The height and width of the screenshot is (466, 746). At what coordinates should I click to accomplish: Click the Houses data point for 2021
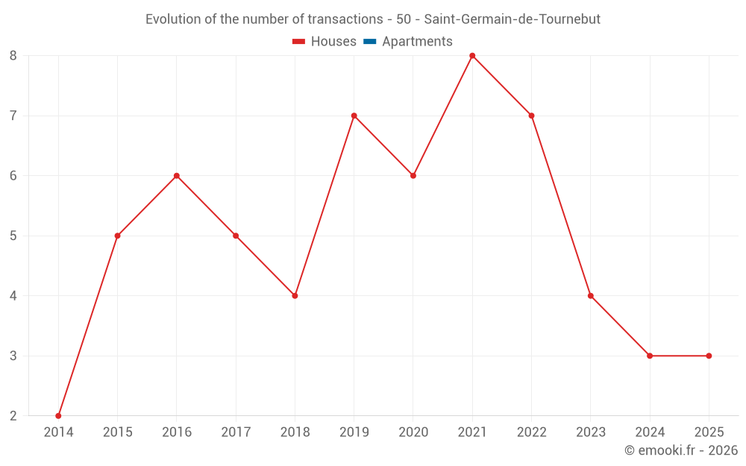[472, 56]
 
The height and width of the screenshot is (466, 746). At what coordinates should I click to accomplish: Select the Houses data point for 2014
[58, 415]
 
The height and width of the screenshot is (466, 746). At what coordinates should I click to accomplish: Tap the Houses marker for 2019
[354, 116]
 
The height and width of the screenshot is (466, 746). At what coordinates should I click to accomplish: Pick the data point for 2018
[295, 295]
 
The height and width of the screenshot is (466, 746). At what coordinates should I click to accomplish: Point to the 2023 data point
[591, 295]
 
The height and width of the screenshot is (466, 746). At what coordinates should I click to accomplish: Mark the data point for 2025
[709, 356]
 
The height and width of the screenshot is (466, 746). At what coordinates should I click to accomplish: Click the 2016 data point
[177, 176]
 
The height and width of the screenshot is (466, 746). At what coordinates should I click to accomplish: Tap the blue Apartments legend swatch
[369, 42]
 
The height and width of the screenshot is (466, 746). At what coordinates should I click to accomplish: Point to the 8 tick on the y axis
[13, 56]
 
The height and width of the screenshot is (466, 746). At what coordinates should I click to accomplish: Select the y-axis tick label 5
[13, 236]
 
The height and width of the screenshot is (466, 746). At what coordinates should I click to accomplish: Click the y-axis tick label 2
[13, 415]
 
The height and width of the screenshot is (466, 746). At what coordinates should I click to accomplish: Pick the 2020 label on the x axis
[413, 432]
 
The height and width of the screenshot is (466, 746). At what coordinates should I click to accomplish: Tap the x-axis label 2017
[236, 432]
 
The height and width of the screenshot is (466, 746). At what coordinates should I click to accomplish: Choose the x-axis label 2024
[650, 432]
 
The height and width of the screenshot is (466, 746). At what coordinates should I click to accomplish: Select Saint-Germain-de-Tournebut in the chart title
[512, 19]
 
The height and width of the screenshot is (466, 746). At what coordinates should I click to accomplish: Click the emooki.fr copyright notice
[680, 450]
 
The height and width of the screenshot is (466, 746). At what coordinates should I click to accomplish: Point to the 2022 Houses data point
[531, 116]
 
